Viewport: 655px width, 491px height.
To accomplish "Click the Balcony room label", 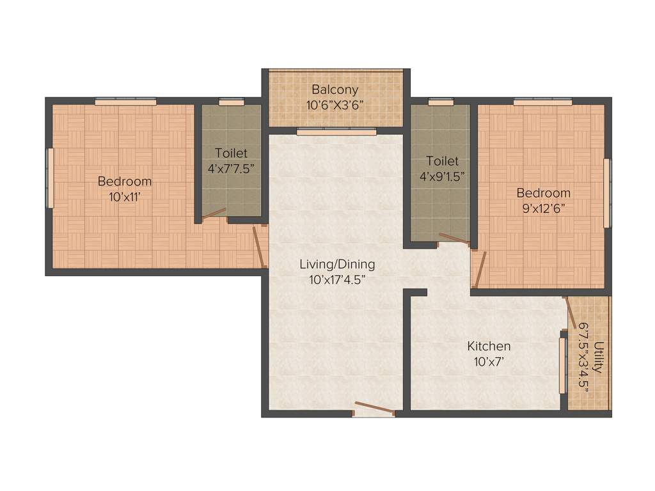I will tap(335, 90).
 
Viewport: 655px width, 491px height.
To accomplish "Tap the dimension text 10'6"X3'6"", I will tap(335, 105).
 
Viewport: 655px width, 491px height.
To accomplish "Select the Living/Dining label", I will tap(338, 263).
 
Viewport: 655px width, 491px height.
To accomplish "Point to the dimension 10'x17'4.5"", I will tap(338, 279).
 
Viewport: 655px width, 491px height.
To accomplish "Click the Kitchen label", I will tap(489, 346).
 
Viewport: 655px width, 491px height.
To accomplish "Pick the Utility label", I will tap(599, 358).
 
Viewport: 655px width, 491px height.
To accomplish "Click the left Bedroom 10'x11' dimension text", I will tap(125, 197).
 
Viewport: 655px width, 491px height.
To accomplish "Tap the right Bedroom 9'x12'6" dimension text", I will tap(543, 208).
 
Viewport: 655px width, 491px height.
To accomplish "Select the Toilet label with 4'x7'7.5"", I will tap(231, 153).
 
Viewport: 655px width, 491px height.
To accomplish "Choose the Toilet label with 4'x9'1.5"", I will tap(442, 161).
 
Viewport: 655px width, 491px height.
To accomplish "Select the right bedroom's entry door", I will tap(480, 269).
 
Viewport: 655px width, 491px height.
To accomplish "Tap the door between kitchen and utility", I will tap(571, 317).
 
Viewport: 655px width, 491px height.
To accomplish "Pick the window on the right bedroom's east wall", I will tap(607, 192).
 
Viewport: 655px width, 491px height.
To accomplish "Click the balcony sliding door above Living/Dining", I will tap(336, 132).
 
